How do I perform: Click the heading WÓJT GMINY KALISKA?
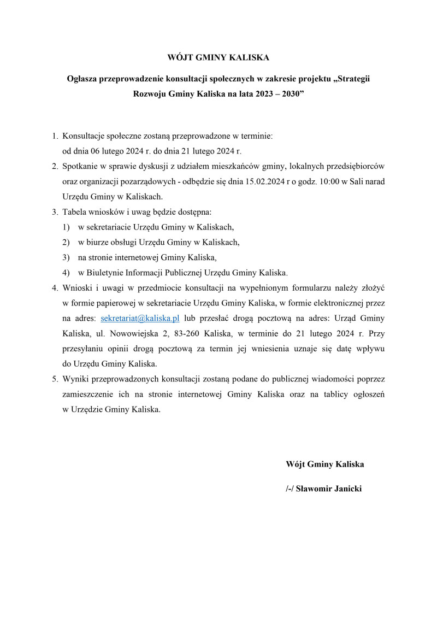[x=218, y=57]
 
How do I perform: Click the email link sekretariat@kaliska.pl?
[x=140, y=318]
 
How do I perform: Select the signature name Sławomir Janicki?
[x=328, y=488]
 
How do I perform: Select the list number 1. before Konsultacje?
[x=55, y=136]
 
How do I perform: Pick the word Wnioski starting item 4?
[x=77, y=287]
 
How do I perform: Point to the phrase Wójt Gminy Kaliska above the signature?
[x=324, y=464]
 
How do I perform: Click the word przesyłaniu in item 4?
[x=85, y=348]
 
